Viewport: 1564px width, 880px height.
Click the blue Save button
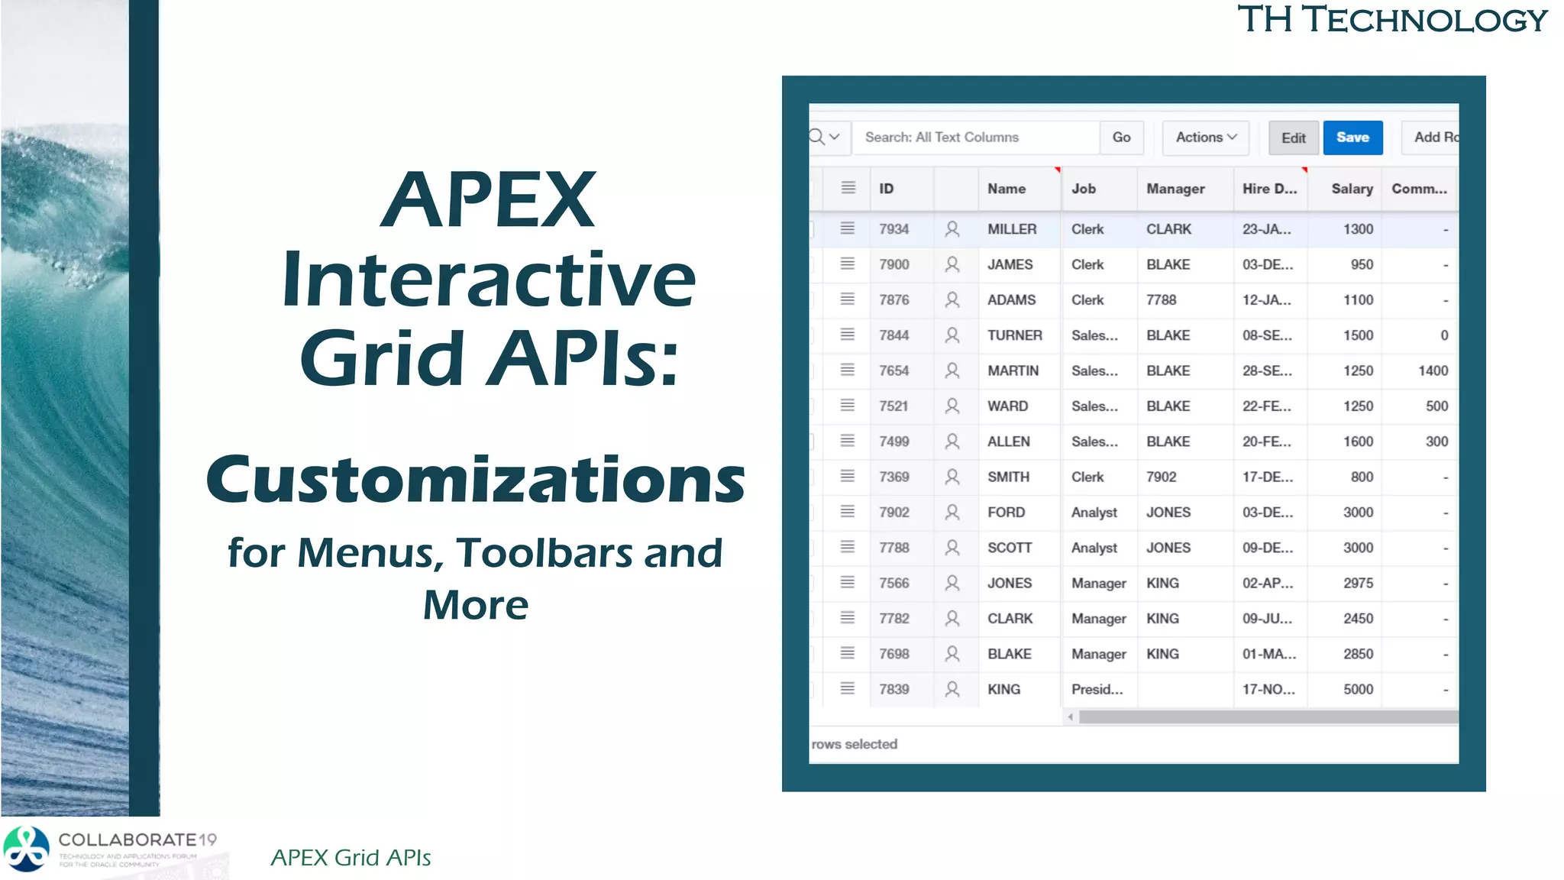point(1352,137)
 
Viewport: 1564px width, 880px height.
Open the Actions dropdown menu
point(1205,137)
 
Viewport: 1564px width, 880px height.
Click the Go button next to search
point(1121,137)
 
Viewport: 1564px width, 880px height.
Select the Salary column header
point(1351,189)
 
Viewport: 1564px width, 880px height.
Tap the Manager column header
point(1175,189)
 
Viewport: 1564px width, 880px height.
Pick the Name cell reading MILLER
point(1012,229)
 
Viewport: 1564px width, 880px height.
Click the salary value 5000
point(1358,689)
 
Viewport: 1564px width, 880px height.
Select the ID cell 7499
point(893,442)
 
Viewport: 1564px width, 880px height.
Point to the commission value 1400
point(1433,370)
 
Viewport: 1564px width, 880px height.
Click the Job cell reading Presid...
point(1097,689)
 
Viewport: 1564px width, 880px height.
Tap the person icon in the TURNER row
point(952,335)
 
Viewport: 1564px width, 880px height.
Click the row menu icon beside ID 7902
point(847,512)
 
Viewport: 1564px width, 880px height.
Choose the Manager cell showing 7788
point(1161,300)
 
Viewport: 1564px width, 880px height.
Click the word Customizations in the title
point(475,480)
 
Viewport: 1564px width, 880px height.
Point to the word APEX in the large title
point(488,200)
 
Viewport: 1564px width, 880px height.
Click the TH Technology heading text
point(1391,20)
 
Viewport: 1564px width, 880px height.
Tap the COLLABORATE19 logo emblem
point(27,849)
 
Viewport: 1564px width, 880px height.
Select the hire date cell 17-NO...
point(1268,689)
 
